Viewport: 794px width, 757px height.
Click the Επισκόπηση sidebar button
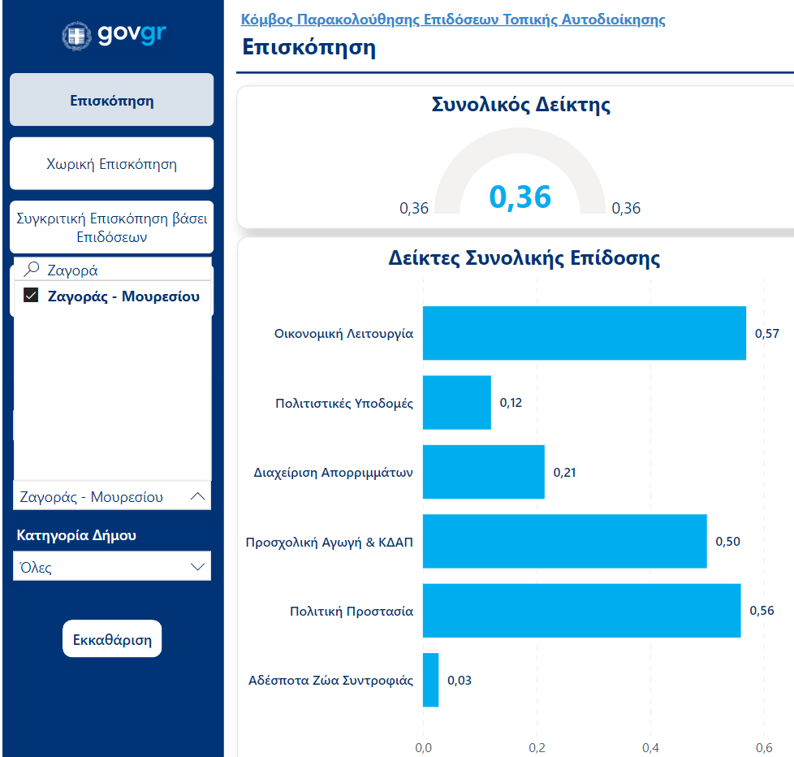(x=111, y=101)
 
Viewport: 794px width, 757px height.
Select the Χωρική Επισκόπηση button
(x=111, y=164)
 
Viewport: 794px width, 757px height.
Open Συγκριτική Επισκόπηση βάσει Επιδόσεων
(x=111, y=228)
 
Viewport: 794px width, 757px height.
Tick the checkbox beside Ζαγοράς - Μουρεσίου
(x=32, y=296)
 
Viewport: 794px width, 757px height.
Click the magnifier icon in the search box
(x=32, y=270)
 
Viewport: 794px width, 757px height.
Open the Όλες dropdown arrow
(x=197, y=567)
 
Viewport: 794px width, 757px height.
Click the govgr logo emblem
(x=78, y=36)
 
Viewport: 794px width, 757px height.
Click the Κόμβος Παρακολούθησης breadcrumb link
(x=453, y=19)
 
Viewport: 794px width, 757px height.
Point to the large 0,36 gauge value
(x=520, y=197)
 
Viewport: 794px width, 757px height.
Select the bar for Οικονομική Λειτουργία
(x=584, y=333)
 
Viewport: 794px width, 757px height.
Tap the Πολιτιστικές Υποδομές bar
(x=456, y=402)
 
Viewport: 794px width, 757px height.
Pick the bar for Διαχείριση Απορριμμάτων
(x=483, y=472)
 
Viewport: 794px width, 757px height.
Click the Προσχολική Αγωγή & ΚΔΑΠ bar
(x=564, y=541)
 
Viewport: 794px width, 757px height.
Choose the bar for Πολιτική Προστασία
(x=581, y=610)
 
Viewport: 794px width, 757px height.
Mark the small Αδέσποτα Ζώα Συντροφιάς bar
(x=431, y=680)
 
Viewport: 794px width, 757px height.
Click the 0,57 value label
(x=767, y=333)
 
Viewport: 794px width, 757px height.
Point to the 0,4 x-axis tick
(x=650, y=747)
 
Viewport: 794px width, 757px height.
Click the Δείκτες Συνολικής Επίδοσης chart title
(x=524, y=258)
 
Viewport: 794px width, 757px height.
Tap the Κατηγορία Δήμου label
(x=76, y=535)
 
